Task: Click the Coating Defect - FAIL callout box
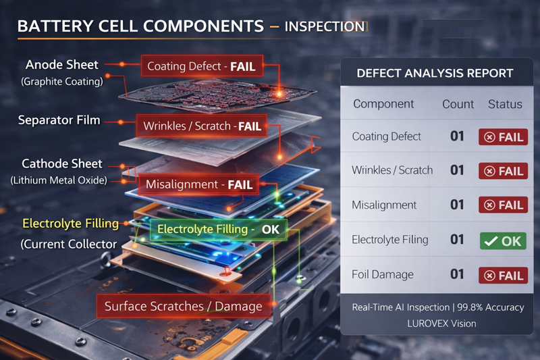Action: [x=200, y=67]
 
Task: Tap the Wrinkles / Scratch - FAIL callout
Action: [x=202, y=126]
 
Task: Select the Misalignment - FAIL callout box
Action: [x=198, y=184]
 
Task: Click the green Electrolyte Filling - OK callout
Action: [x=218, y=230]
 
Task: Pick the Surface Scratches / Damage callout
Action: [x=183, y=306]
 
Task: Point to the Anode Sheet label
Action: [x=62, y=65]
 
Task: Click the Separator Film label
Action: [x=59, y=120]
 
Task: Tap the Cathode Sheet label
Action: [x=62, y=163]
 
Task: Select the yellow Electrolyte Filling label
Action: [x=70, y=223]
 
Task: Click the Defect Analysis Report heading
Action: [x=435, y=73]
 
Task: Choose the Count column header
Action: [x=458, y=105]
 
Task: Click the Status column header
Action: [x=504, y=105]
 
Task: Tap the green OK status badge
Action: [x=503, y=240]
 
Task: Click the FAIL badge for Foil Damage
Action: [x=503, y=276]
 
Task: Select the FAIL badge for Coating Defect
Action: [x=503, y=137]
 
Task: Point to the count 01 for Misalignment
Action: [x=458, y=205]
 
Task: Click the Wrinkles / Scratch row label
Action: [x=392, y=170]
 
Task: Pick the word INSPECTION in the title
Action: [x=324, y=27]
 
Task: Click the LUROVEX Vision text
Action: [x=441, y=324]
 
